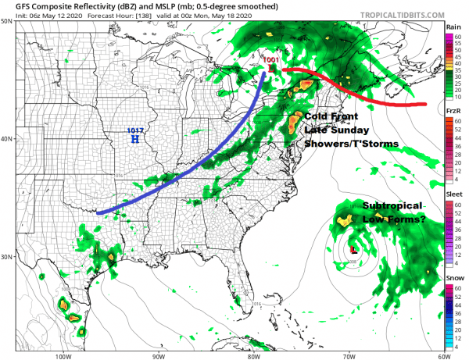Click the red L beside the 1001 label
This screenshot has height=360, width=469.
pyautogui.click(x=272, y=69)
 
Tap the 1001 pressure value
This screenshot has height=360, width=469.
pyautogui.click(x=270, y=59)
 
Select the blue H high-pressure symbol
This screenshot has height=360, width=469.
pyautogui.click(x=135, y=139)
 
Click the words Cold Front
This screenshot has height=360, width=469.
pyautogui.click(x=330, y=116)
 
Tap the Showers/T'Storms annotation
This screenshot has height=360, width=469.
pyautogui.click(x=352, y=144)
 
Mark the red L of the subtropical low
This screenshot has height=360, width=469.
pyautogui.click(x=354, y=250)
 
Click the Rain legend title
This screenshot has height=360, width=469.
pyautogui.click(x=453, y=27)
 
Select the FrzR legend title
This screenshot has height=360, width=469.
pyautogui.click(x=453, y=111)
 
